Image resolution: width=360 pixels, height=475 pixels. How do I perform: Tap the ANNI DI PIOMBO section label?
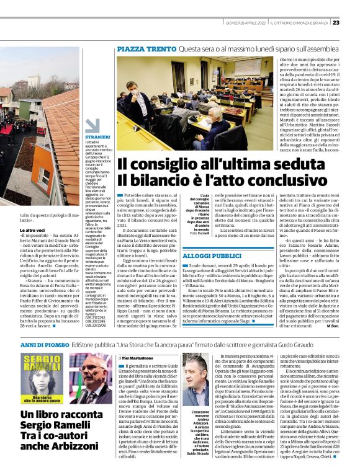[x=43, y=342]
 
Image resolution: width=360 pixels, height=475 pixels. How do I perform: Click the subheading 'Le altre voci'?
[x=35, y=229]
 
